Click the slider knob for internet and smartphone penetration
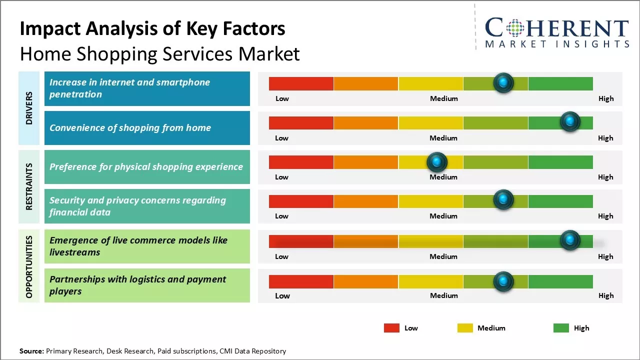[x=503, y=82]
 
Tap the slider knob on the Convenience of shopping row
[x=569, y=121]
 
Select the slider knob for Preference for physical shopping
[x=437, y=161]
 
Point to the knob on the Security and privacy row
[x=503, y=200]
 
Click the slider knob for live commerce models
[x=569, y=240]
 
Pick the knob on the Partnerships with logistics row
[x=503, y=281]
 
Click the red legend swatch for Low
[x=391, y=328]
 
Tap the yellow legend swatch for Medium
[x=465, y=328]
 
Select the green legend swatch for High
[x=561, y=328]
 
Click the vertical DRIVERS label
[x=29, y=108]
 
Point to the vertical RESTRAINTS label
[x=29, y=186]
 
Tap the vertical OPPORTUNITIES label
[x=29, y=266]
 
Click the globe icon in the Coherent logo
[x=515, y=28]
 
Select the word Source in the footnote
[x=31, y=351]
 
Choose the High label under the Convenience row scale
[x=605, y=138]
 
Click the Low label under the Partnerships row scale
[x=282, y=295]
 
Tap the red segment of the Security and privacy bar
[x=301, y=201]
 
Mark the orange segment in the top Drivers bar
[x=365, y=83]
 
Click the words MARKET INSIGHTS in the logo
[x=557, y=44]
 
